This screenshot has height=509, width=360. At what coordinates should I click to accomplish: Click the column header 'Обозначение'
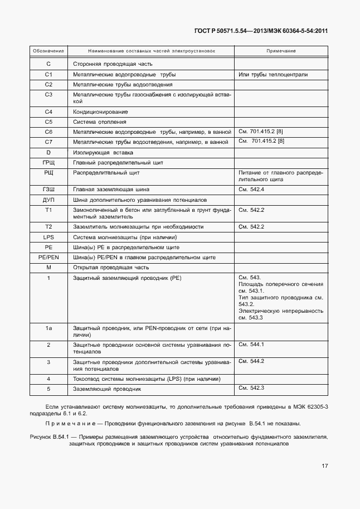coord(48,51)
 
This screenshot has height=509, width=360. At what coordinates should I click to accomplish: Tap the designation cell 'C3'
coord(48,95)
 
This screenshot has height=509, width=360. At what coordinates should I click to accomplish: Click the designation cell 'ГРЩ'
coord(48,162)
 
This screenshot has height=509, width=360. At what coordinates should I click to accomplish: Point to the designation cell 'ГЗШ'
coord(48,190)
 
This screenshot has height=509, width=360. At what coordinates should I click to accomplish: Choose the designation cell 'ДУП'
coord(48,200)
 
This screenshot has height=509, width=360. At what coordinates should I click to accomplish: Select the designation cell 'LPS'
coord(48,237)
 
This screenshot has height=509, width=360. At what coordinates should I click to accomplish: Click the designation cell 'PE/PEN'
coord(48,258)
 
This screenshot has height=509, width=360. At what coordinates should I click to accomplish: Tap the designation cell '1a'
coord(48,329)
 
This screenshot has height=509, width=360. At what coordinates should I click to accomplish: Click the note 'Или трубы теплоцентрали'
coord(273,75)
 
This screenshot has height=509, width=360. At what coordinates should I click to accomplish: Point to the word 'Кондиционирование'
coord(100,112)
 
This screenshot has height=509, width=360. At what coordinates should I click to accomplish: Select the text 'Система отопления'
coord(100,122)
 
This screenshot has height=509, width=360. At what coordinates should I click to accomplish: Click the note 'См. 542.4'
coord(251,190)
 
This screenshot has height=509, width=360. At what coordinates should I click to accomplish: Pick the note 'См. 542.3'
coord(251,388)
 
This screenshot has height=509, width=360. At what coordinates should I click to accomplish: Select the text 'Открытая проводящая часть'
coord(110,268)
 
